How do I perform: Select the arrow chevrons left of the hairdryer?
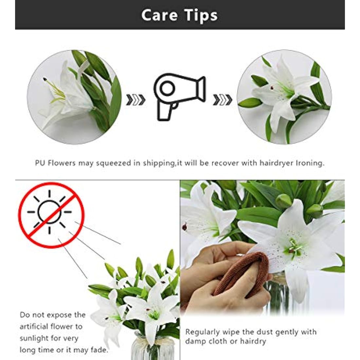coord(135,100)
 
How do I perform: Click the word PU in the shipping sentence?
coord(40,163)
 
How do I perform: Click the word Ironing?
coord(310,163)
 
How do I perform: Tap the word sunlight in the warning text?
coord(35,338)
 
